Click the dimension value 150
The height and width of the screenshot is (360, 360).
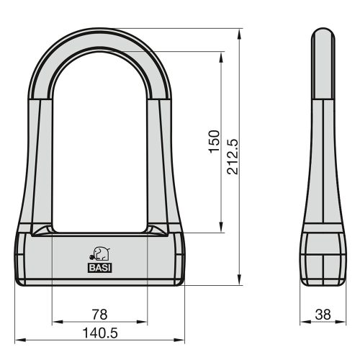coord(214,142)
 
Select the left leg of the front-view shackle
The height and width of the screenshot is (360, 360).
coord(42,158)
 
